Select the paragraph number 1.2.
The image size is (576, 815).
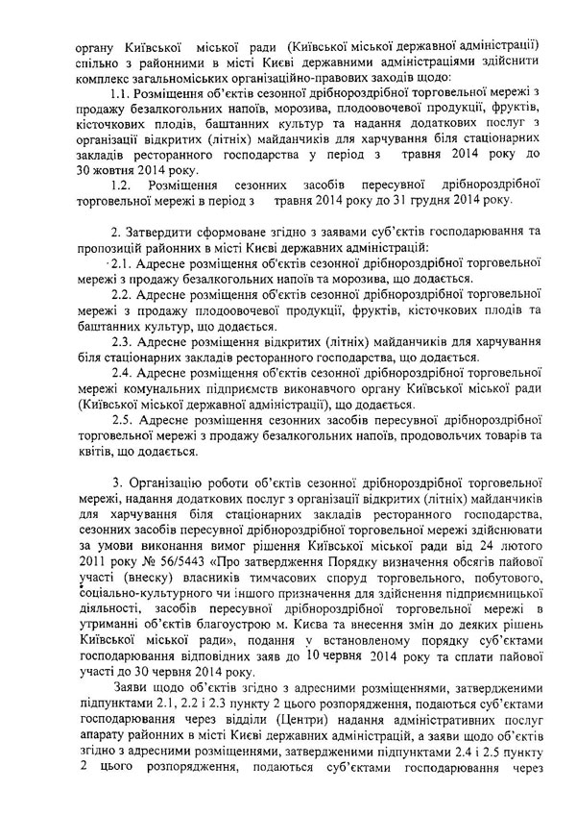(120, 184)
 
